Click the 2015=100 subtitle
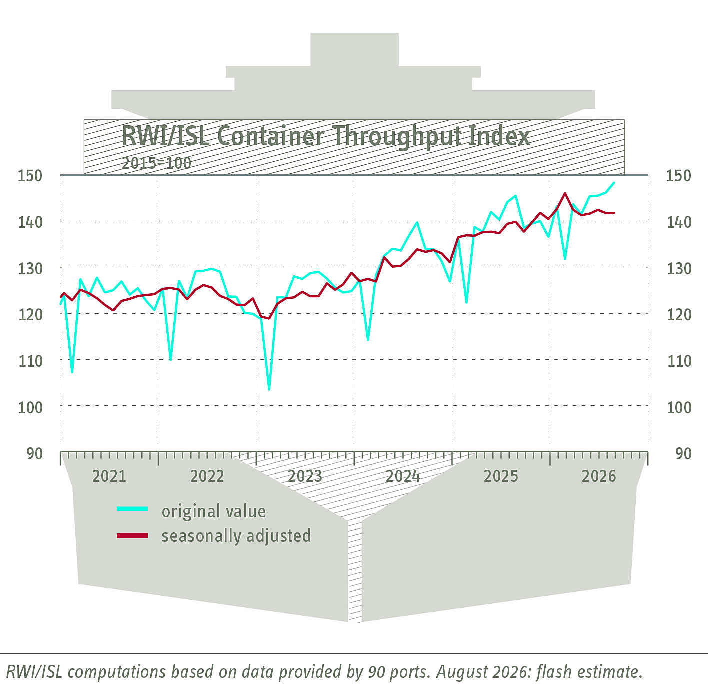156,163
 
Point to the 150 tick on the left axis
30,176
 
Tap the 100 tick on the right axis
679,408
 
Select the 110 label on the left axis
30,361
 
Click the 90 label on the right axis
683,454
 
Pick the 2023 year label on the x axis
304,476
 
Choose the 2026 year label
599,476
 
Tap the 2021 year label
109,476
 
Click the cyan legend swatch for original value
132,509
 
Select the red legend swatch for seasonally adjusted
132,536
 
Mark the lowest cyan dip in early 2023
269,390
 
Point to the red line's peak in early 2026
565,193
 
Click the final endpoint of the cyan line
614,183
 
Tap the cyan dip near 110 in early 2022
171,360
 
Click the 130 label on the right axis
679,269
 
